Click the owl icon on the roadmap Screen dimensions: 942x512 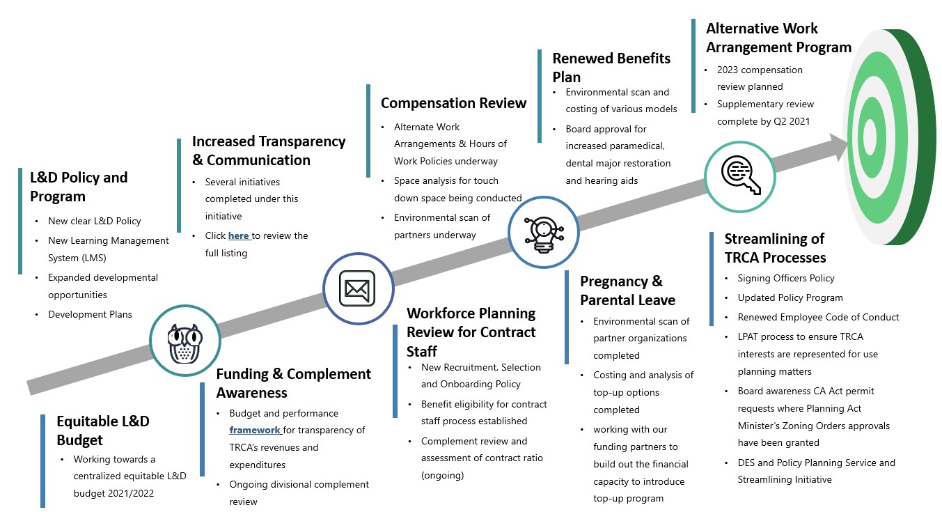click(185, 343)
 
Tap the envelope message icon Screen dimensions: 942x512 click(357, 288)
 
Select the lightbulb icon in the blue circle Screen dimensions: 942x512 click(543, 235)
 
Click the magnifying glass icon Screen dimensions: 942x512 click(741, 175)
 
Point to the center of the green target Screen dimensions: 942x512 click(870, 137)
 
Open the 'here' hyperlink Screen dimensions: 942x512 click(238, 235)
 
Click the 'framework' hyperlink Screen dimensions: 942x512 click(254, 430)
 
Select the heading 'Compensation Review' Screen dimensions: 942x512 click(453, 103)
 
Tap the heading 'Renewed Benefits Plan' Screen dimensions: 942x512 click(611, 68)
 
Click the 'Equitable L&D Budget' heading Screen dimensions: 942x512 click(103, 430)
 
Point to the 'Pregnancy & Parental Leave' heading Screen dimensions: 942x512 click(627, 290)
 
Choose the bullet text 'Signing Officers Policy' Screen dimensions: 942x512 click(786, 278)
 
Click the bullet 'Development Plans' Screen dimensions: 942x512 click(90, 314)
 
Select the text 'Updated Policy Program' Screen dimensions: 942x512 click(790, 298)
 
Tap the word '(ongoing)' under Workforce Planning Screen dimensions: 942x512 click(442, 475)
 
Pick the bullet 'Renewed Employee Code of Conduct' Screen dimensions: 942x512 click(818, 317)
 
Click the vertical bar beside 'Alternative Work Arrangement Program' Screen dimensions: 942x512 click(693, 65)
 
